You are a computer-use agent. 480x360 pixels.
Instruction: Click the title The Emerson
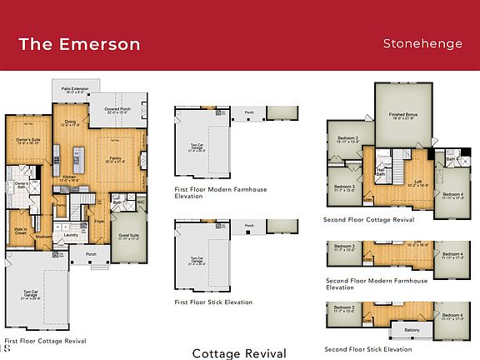[x=79, y=43]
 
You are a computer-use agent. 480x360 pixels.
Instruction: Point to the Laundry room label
[x=72, y=235]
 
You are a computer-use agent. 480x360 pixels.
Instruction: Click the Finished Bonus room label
[x=403, y=118]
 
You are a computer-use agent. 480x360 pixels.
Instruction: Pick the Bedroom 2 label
[x=347, y=139]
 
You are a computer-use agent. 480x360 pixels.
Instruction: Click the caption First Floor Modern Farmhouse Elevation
[x=213, y=194]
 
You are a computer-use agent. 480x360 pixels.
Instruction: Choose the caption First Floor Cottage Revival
[x=45, y=341]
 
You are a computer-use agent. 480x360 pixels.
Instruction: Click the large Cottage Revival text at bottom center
[x=239, y=353]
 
